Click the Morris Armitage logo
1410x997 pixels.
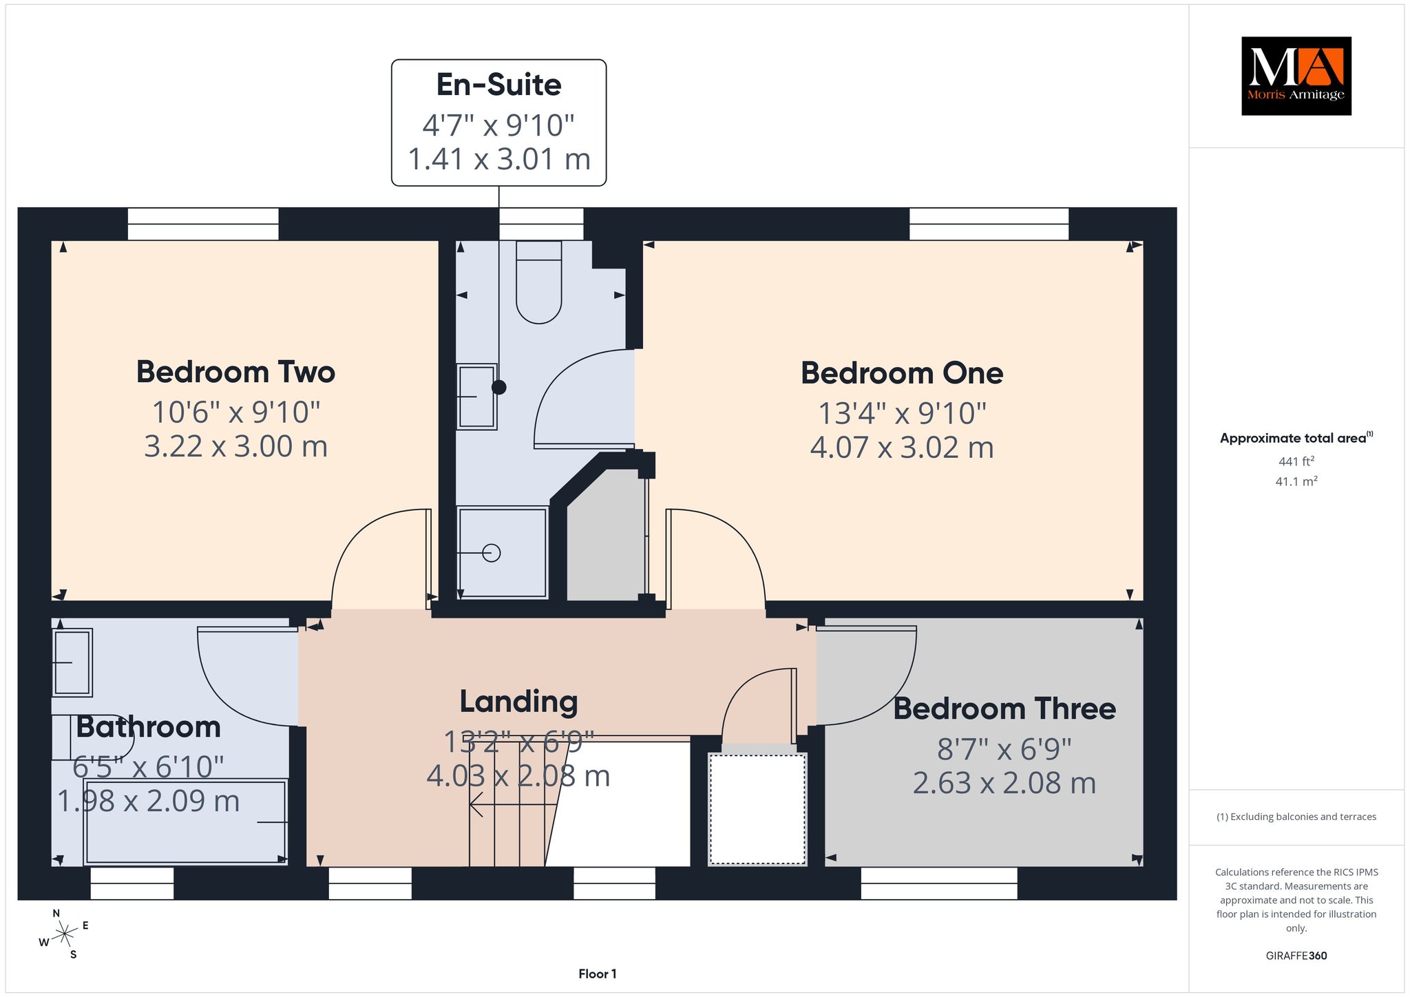pos(1296,76)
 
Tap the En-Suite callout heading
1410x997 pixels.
pos(499,85)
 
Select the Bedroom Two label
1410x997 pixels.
pos(235,372)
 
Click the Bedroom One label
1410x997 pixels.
pos(902,373)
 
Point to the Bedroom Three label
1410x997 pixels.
pos(1004,709)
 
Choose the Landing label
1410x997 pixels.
pos(518,702)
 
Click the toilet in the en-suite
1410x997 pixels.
pos(539,282)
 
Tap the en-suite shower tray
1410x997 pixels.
pos(503,553)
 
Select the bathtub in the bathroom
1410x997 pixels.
pos(185,822)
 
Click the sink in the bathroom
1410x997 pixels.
pos(72,662)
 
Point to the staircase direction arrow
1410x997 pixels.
pos(513,804)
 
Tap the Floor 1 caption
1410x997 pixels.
pos(598,974)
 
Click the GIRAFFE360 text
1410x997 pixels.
pos(1296,956)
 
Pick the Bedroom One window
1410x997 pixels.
pos(989,224)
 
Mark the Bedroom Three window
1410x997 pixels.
pos(939,883)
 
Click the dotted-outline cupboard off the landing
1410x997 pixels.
pos(757,809)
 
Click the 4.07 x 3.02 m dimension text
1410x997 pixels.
pos(902,448)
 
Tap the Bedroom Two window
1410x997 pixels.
pos(203,224)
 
